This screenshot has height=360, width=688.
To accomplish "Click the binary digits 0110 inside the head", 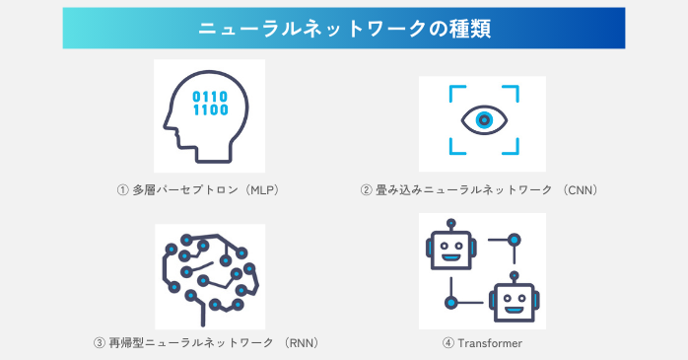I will click(x=209, y=97).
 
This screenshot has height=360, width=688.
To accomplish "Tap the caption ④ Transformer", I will click(x=482, y=343).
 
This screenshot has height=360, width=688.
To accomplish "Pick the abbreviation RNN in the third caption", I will click(x=300, y=343).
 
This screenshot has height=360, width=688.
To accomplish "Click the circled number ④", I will click(x=447, y=343).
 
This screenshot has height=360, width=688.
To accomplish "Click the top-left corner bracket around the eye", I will click(x=454, y=91).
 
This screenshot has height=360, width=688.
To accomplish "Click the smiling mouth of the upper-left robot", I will click(x=450, y=257).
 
